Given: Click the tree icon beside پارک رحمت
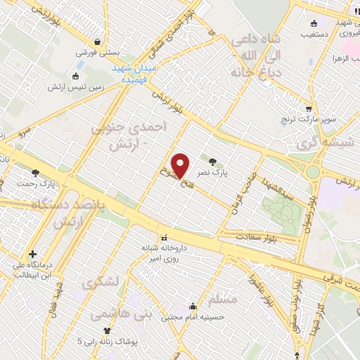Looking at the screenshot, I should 35,172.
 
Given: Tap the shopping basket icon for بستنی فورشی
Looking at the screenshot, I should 105,40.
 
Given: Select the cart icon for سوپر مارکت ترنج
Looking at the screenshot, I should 309,109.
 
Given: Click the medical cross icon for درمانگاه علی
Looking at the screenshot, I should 32,255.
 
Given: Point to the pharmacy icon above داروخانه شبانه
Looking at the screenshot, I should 164,236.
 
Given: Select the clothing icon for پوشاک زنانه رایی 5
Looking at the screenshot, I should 107,330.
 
